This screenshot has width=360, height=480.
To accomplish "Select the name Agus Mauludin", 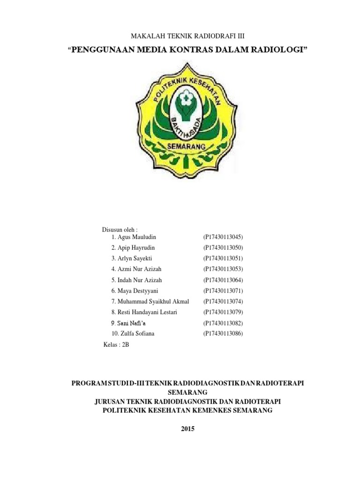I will click(133, 237).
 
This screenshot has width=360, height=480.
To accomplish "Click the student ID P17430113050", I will click(224, 247).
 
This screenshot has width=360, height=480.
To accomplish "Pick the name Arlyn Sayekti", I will click(131, 258).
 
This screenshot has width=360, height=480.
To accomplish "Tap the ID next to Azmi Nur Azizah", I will click(224, 269).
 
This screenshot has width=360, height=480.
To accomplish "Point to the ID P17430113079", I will click(224, 312).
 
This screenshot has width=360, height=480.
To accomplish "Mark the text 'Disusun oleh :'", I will click(120, 230).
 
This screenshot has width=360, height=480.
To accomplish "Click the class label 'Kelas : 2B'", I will click(115, 345).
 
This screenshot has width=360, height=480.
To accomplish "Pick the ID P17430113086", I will click(224, 334).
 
